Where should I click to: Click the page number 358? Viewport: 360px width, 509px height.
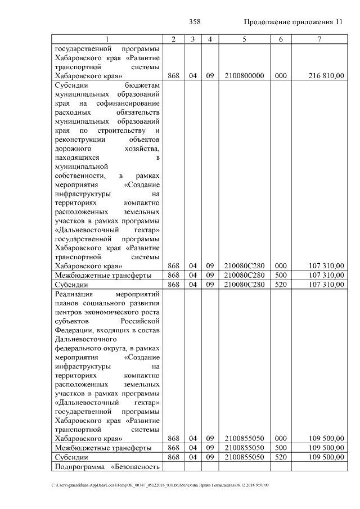[x=195, y=22]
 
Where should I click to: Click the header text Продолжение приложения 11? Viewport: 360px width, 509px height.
[x=293, y=22]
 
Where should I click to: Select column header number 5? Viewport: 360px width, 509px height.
[x=244, y=39]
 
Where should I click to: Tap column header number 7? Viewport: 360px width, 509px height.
[x=319, y=39]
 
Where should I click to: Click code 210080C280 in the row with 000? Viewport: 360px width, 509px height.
[x=244, y=265]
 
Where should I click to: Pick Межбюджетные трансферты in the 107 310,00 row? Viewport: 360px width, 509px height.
[x=102, y=275]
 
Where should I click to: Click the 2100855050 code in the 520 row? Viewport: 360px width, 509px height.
[x=244, y=457]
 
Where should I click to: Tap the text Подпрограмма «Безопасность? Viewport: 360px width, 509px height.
[x=107, y=467]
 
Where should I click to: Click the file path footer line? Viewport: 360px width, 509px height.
[x=160, y=485]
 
